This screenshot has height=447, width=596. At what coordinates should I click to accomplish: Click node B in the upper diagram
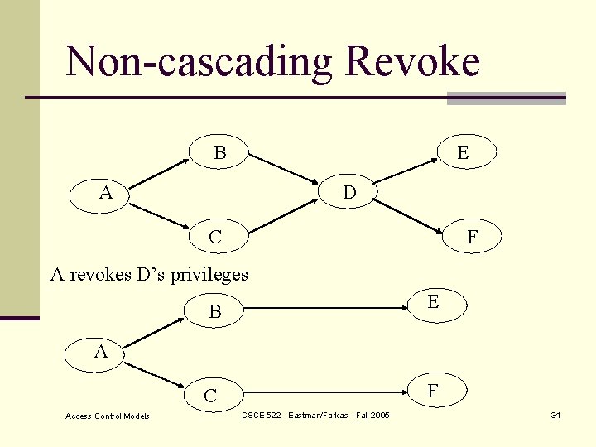(x=220, y=152)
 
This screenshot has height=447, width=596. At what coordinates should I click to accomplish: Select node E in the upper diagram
(x=463, y=152)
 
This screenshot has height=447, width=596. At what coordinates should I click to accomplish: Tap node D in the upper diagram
(x=349, y=193)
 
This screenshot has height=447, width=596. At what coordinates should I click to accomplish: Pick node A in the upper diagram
(x=106, y=193)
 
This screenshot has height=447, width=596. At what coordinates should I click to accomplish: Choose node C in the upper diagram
(x=215, y=237)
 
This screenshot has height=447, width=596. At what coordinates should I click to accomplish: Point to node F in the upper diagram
(x=472, y=237)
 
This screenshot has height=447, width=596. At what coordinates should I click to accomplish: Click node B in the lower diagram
(x=215, y=312)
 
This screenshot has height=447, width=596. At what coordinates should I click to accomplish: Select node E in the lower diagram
(x=433, y=303)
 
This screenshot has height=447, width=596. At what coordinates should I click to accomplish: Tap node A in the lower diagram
(x=101, y=352)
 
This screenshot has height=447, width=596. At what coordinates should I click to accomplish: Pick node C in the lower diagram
(x=210, y=396)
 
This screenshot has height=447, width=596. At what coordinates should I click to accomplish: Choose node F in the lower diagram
(x=433, y=390)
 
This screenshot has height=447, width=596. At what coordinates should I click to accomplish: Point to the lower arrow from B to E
(x=327, y=308)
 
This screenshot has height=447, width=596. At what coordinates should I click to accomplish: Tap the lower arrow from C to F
(x=327, y=390)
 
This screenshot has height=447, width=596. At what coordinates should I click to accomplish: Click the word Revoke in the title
(x=412, y=62)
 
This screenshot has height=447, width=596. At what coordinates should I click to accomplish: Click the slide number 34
(x=555, y=415)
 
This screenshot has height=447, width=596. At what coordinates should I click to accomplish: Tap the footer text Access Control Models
(x=108, y=416)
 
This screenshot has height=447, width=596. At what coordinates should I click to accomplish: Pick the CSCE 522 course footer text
(x=315, y=414)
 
